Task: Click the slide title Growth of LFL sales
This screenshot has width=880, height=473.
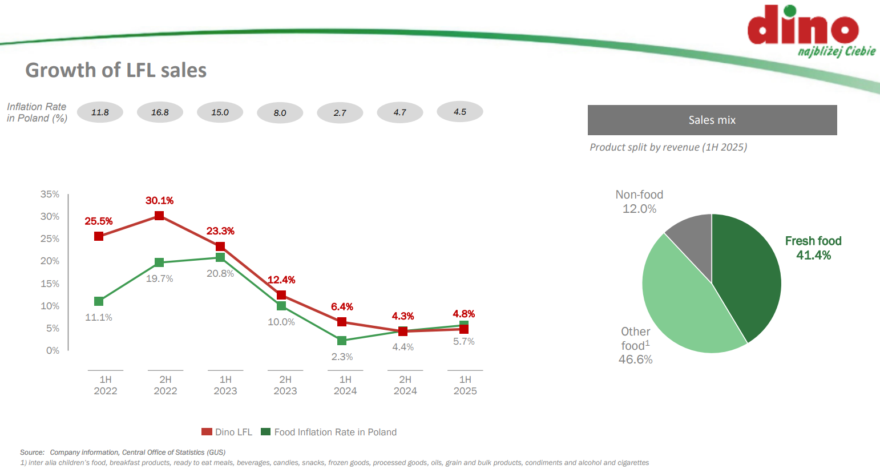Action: pos(116,70)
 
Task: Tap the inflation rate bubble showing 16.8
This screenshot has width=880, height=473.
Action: pos(160,112)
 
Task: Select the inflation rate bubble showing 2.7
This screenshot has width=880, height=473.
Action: pos(340,113)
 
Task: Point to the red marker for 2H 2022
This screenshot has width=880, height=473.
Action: pos(159,216)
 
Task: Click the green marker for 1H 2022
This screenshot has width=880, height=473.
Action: pos(99,301)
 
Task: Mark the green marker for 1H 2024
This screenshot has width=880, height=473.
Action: pos(342,341)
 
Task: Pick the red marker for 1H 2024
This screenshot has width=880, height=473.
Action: pos(342,322)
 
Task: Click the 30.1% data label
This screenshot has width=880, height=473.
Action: pos(159,201)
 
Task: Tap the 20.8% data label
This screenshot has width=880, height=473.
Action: pos(220,274)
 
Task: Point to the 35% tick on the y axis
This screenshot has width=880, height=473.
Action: pos(50,195)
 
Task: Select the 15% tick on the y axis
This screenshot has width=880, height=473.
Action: pos(50,284)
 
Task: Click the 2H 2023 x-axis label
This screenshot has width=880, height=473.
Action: pos(285,385)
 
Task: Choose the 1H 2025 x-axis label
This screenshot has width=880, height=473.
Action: pos(465,385)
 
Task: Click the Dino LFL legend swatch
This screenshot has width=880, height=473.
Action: pos(207,432)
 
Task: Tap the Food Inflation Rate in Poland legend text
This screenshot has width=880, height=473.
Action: pos(335,432)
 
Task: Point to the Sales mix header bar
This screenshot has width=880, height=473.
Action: pos(712,120)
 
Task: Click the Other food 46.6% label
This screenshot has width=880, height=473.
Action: pos(635,345)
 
